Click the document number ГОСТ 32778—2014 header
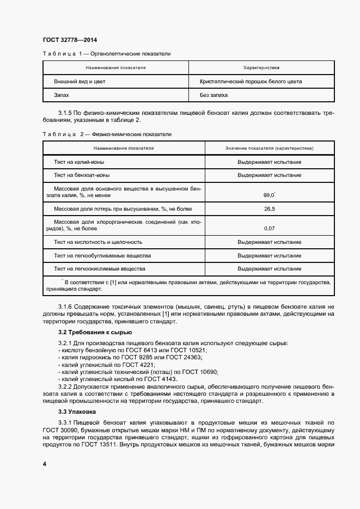(x=69, y=40)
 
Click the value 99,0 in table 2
(x=269, y=194)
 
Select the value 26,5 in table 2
(x=269, y=209)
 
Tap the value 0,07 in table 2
(x=269, y=228)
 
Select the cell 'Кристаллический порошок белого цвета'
(x=251, y=82)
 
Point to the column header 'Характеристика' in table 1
(x=261, y=68)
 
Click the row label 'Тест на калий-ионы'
(x=80, y=162)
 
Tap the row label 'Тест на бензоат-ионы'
(x=82, y=175)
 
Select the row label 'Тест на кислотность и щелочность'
(x=98, y=242)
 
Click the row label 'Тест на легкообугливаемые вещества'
(x=102, y=255)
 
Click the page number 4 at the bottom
(x=45, y=464)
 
